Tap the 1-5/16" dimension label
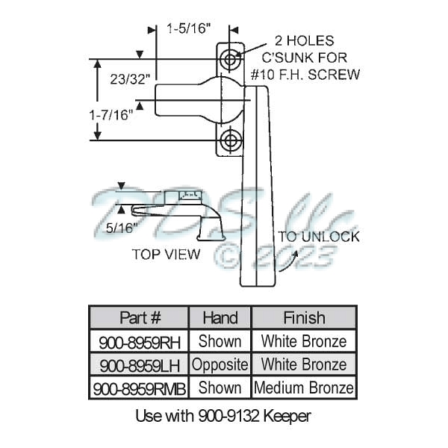pyautogui.click(x=189, y=29)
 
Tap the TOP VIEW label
pyautogui.click(x=167, y=254)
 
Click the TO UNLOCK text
pyautogui.click(x=319, y=237)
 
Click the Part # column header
pyautogui.click(x=139, y=317)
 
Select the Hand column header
pyautogui.click(x=220, y=317)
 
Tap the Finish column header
pyautogui.click(x=303, y=317)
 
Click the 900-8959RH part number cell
pyautogui.click(x=139, y=341)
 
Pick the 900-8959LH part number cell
pyautogui.click(x=139, y=365)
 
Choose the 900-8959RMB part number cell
pyautogui.click(x=139, y=388)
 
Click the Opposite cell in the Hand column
pyautogui.click(x=220, y=365)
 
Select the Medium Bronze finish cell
pyautogui.click(x=303, y=388)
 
